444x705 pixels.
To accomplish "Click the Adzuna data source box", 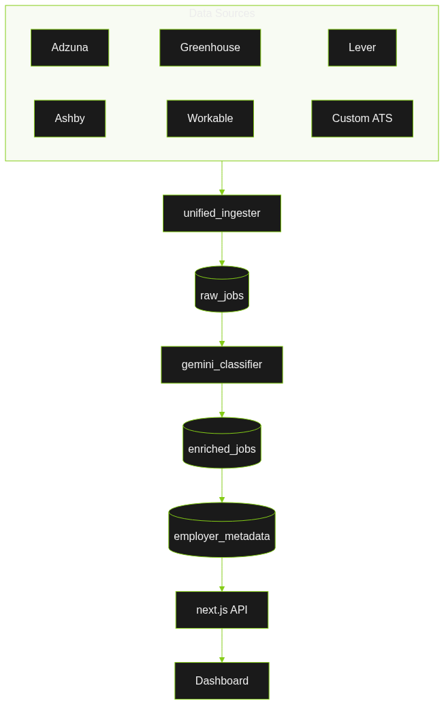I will (x=69, y=48).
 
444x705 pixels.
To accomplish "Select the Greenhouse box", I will (x=210, y=48).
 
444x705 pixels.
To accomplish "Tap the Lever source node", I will (x=362, y=48).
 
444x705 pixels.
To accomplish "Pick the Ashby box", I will (x=69, y=119).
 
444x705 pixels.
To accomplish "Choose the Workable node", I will (x=210, y=119).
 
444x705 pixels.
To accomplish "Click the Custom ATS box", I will (x=362, y=119).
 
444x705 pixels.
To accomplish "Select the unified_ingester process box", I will (x=222, y=213).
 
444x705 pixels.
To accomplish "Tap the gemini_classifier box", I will (x=222, y=365).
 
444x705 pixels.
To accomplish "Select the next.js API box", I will (x=222, y=610).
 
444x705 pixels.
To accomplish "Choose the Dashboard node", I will (x=222, y=681).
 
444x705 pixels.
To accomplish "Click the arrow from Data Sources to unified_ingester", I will (x=222, y=178).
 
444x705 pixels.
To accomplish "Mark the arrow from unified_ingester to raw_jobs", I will (x=222, y=249).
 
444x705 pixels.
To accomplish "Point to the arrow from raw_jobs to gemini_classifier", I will (x=222, y=329).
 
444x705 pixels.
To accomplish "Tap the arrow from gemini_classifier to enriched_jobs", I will (x=222, y=400).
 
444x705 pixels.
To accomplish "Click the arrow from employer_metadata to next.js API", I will (x=222, y=575).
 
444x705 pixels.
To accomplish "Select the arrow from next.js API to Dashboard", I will (x=222, y=646).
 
